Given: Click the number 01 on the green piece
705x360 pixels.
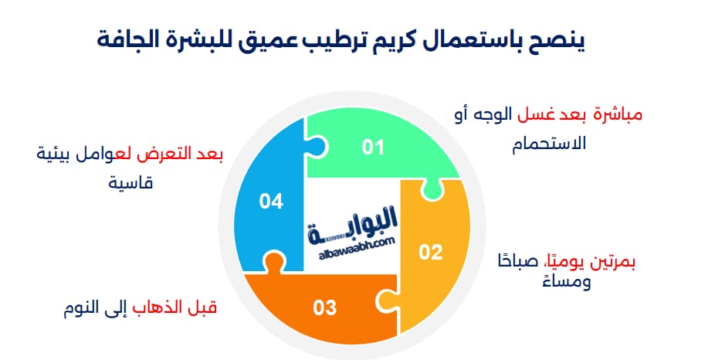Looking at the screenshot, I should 373,146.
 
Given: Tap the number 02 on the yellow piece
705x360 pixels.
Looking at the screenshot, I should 430,251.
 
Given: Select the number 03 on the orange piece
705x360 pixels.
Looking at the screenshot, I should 325,307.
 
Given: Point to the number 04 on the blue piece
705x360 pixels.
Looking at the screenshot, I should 271,202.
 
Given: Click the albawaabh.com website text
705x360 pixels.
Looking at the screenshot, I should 355,241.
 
